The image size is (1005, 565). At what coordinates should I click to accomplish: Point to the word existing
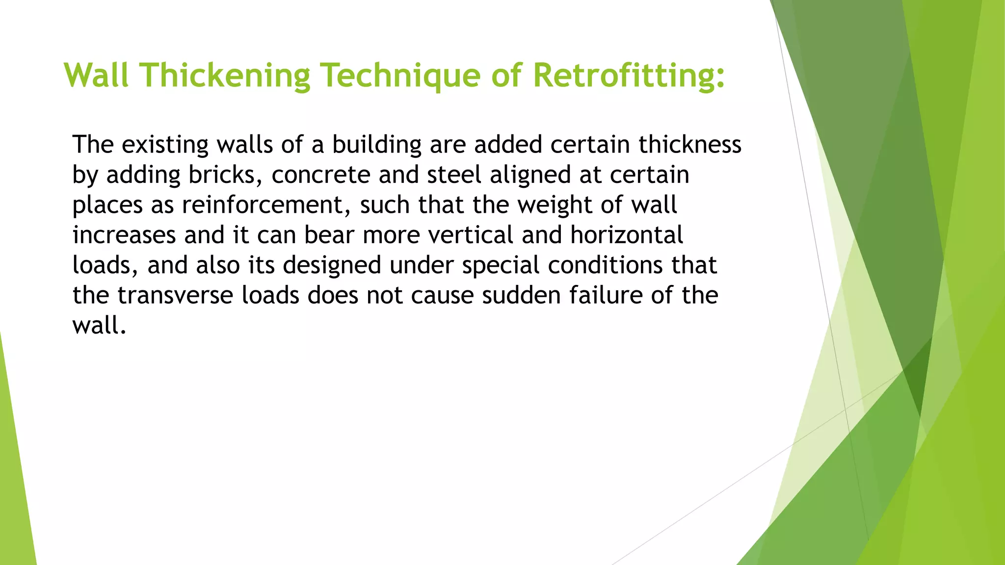(165, 145)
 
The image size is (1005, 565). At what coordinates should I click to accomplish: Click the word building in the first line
(376, 145)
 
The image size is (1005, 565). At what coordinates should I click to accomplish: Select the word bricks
(225, 175)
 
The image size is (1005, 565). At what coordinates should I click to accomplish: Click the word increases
(124, 235)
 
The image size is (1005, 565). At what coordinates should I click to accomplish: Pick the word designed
(332, 265)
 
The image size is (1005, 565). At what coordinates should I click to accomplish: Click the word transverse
(175, 296)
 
